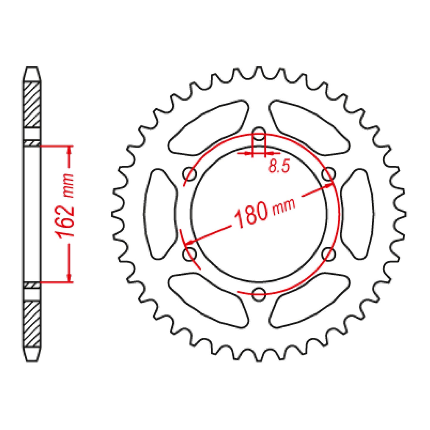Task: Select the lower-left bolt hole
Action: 189,254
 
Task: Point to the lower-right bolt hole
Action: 329,254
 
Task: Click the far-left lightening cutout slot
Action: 161,214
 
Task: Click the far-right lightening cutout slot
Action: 357,214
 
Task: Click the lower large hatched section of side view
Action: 32,324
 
